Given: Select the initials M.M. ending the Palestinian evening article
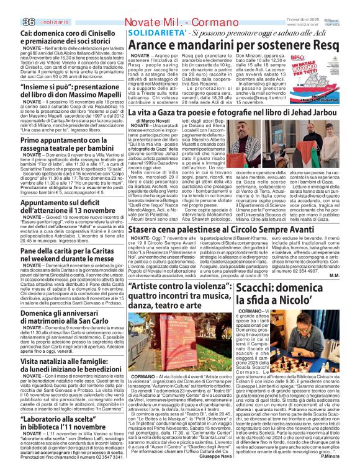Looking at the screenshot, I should [351, 275].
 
